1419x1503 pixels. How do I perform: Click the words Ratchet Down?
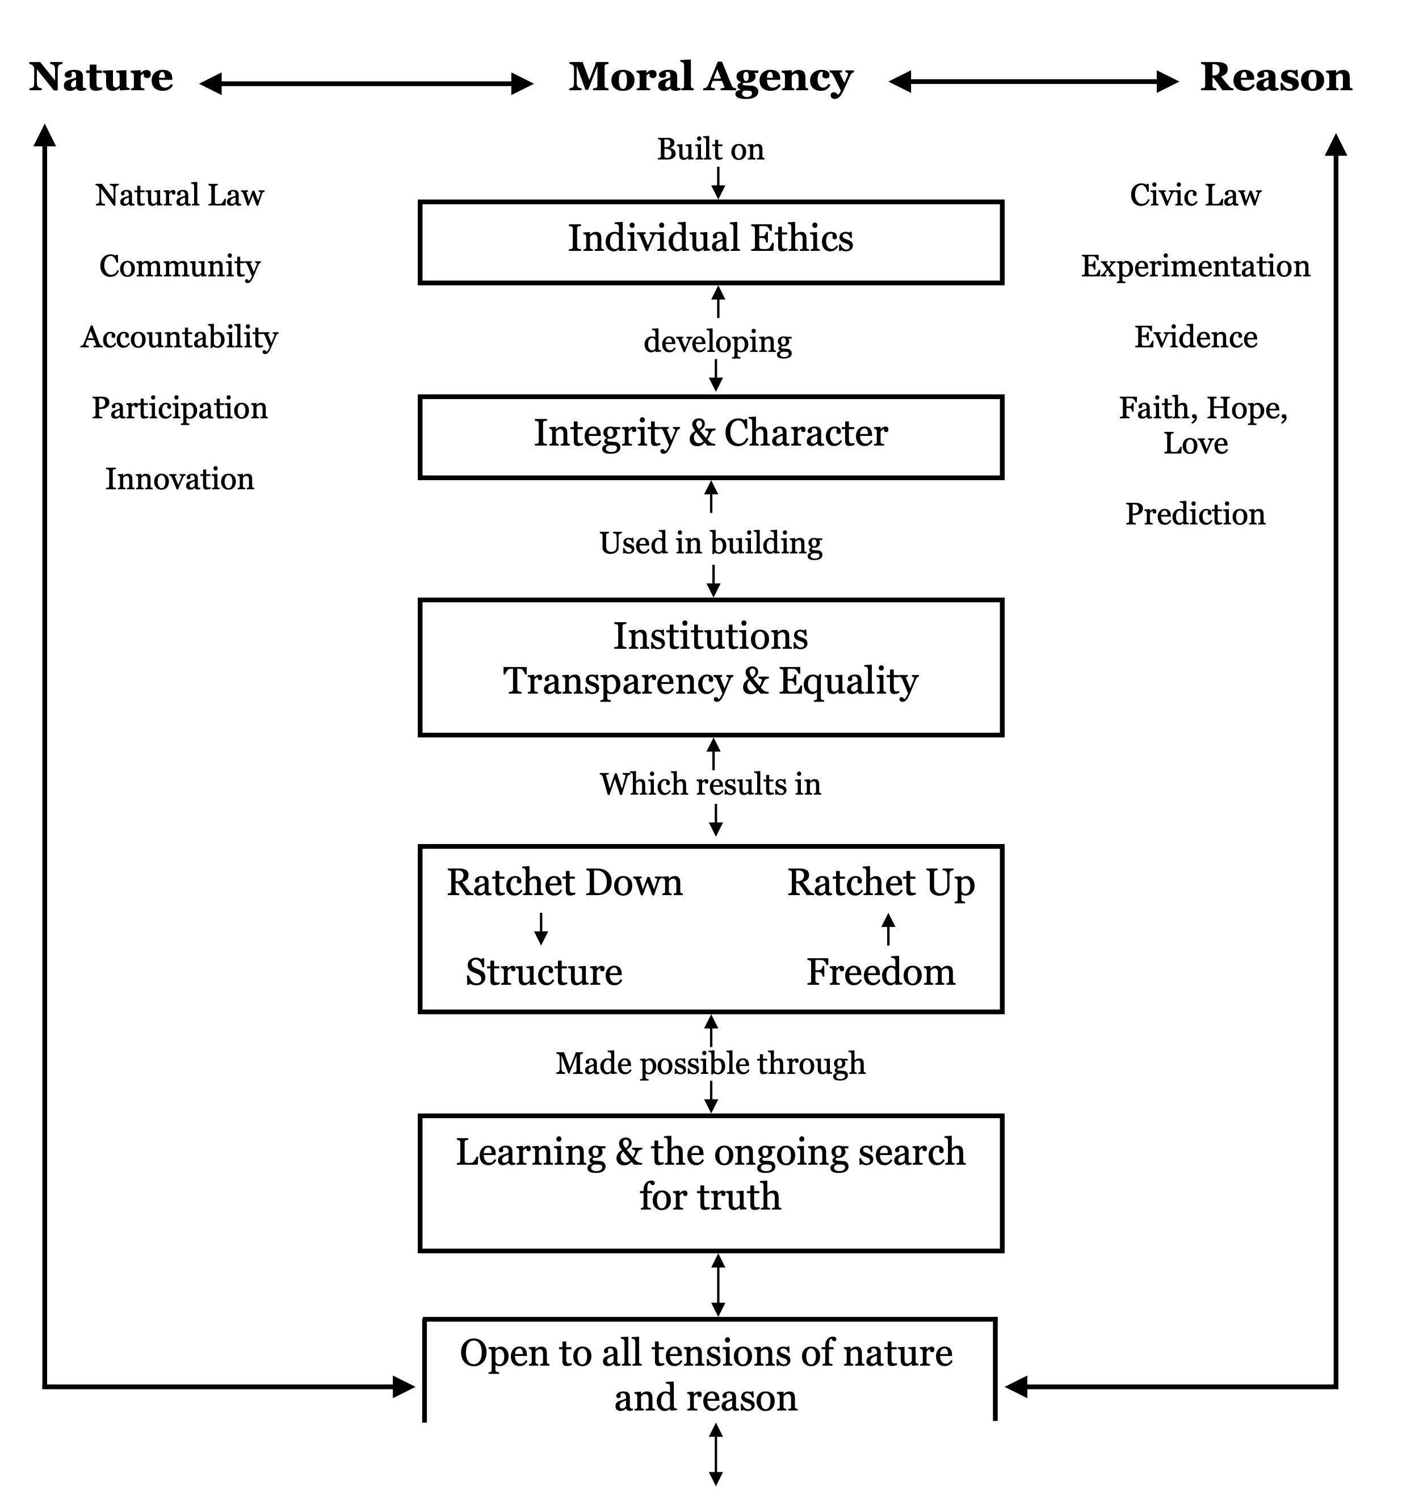point(564,883)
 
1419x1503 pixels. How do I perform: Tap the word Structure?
point(544,972)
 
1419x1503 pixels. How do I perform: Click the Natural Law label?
point(179,195)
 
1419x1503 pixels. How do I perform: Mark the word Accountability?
point(179,337)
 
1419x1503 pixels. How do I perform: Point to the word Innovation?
point(179,479)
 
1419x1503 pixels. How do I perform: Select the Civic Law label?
point(1195,195)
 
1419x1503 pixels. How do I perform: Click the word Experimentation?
point(1195,266)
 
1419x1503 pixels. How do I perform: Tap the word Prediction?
point(1195,514)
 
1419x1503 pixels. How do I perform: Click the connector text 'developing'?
point(717,342)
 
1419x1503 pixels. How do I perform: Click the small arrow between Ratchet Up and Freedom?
point(889,929)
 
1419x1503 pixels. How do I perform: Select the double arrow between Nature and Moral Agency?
point(366,83)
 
